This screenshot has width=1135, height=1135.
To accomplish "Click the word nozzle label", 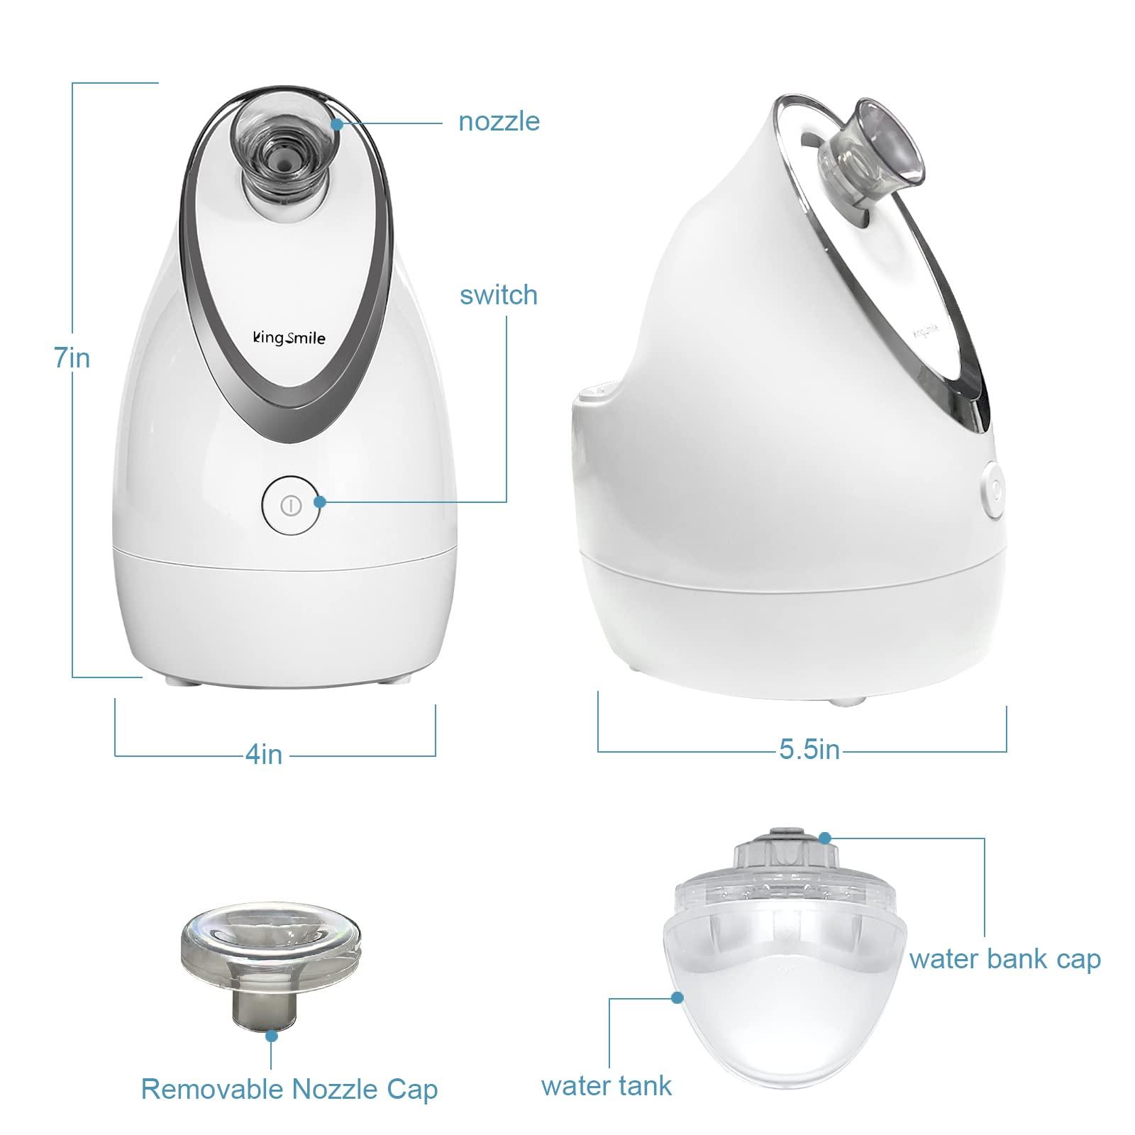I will pos(499,121).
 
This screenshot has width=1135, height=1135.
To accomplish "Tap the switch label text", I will pos(498,295).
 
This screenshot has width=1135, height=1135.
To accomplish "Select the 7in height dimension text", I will pos(72,358).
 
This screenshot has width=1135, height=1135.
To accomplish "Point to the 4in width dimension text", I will pos(264,755).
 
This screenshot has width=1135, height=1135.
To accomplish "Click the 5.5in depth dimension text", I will pos(809,750).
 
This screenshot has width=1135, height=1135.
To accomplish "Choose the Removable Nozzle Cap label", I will pos(289,1089).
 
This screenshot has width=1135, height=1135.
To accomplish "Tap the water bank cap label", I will pos(1004,959).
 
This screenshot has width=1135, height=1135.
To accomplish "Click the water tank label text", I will pos(606,1085).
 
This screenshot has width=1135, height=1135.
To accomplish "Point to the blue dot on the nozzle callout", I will pos(336,123).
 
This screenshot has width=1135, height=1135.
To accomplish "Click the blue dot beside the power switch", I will pos(320,502).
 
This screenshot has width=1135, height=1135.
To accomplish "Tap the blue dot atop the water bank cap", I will pos(824,838).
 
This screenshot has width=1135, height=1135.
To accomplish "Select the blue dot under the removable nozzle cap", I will pos(272,1036).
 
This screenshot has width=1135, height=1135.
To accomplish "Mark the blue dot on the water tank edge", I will pos(677,997).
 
